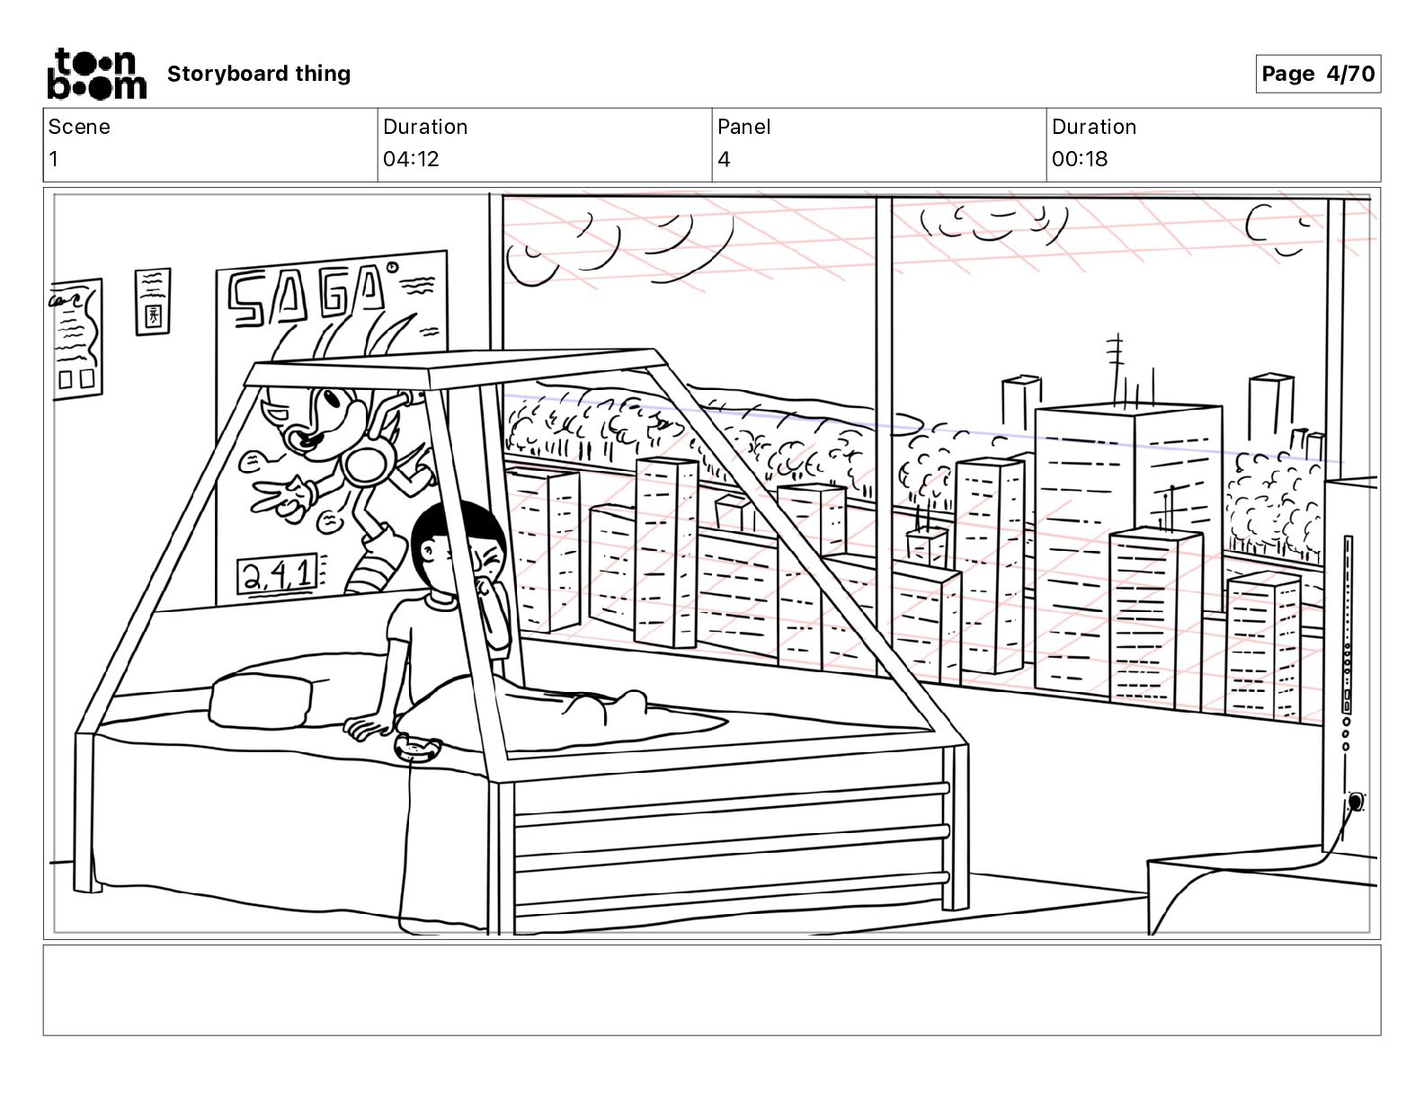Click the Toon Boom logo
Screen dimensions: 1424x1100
coord(96,74)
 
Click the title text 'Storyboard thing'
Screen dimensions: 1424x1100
coord(259,74)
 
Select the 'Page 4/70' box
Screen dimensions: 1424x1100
coord(1317,74)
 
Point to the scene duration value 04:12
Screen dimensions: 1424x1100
coord(411,159)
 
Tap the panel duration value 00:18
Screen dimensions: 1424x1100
coord(1080,159)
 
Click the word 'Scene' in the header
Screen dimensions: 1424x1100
coord(79,127)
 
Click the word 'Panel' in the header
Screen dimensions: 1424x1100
coord(744,127)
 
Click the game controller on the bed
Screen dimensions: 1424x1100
coord(419,748)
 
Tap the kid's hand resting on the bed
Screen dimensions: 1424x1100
coord(369,726)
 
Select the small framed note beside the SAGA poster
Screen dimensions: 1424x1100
coord(153,301)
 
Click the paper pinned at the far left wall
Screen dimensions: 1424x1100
coord(77,336)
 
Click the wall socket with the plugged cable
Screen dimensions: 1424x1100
coord(1355,801)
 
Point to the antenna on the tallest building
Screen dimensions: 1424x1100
coord(1115,368)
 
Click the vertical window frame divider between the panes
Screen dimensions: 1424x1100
coord(884,431)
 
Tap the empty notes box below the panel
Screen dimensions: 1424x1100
coord(711,989)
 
